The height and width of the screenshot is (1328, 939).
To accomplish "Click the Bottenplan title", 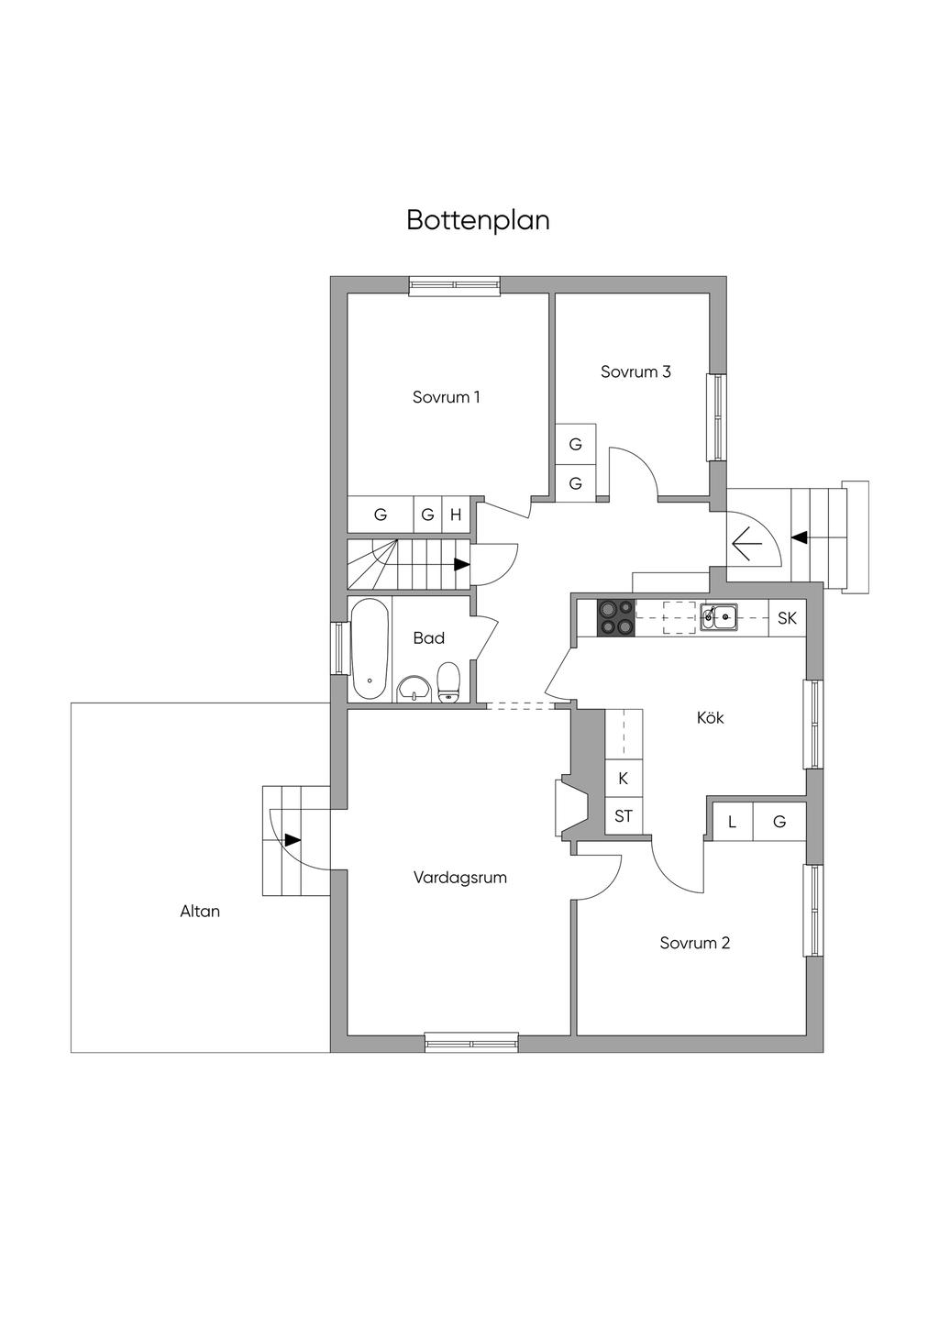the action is coord(478,221).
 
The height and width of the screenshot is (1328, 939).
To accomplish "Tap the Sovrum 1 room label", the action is coord(446,397).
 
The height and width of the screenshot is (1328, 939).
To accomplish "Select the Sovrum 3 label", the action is coord(635,371).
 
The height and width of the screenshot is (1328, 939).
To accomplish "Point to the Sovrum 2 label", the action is coord(694,943).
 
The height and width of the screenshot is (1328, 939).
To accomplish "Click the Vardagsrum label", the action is coord(459,878).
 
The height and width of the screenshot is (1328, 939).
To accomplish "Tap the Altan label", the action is coord(200,912).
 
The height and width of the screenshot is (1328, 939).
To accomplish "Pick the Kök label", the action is coord(710,718).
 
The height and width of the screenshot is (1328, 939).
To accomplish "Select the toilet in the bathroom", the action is coord(448,681).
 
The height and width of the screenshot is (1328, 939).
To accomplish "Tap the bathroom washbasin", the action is coord(415,688).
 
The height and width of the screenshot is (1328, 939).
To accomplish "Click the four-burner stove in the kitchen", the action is coord(615,617).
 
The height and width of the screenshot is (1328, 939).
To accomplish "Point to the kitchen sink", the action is coord(719,616).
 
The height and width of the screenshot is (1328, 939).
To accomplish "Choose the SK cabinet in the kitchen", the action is coord(787,618).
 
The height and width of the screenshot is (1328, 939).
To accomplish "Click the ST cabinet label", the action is coord(624,815).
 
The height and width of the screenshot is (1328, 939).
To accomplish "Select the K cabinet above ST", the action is coord(624,779).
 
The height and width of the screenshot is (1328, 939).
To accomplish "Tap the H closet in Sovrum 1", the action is coord(456,515).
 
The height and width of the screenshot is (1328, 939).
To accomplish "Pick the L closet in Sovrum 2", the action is coord(732,822).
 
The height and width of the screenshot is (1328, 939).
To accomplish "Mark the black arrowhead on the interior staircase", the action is coord(462,565).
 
